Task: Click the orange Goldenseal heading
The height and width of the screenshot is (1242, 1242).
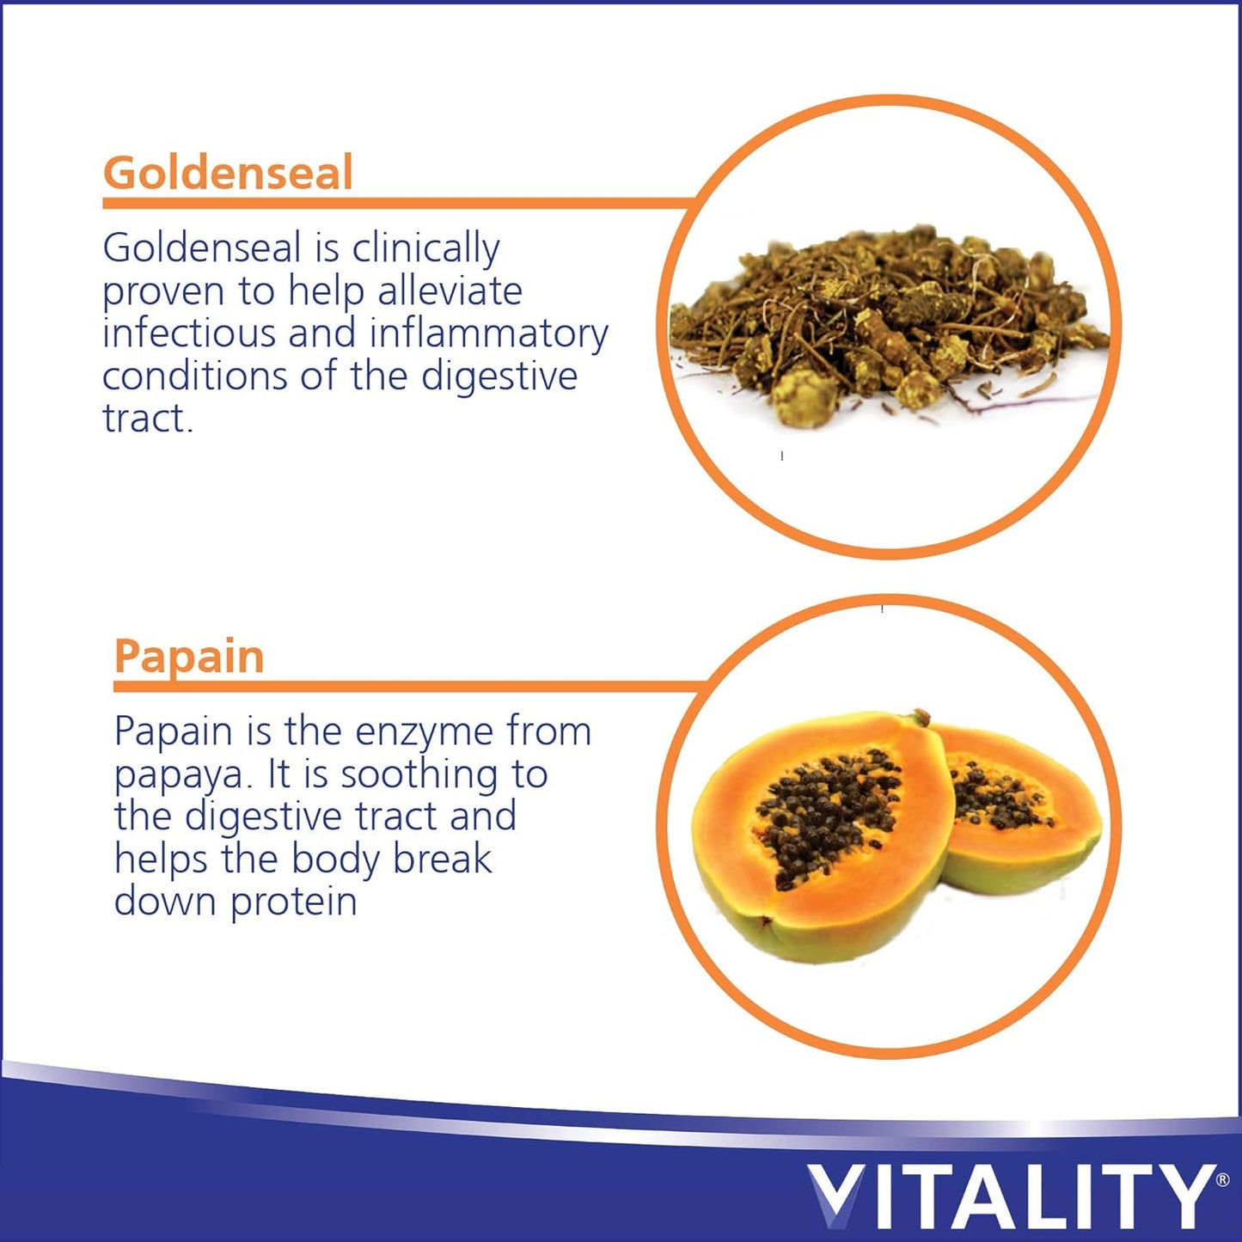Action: (228, 173)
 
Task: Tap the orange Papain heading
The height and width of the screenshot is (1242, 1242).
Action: (189, 658)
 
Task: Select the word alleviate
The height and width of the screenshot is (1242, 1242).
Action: (450, 291)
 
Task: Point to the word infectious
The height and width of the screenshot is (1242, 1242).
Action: (189, 333)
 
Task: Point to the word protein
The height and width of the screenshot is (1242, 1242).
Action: (294, 902)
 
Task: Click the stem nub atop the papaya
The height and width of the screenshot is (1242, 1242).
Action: (921, 716)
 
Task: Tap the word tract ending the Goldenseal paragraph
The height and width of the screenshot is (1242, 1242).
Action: (148, 419)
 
